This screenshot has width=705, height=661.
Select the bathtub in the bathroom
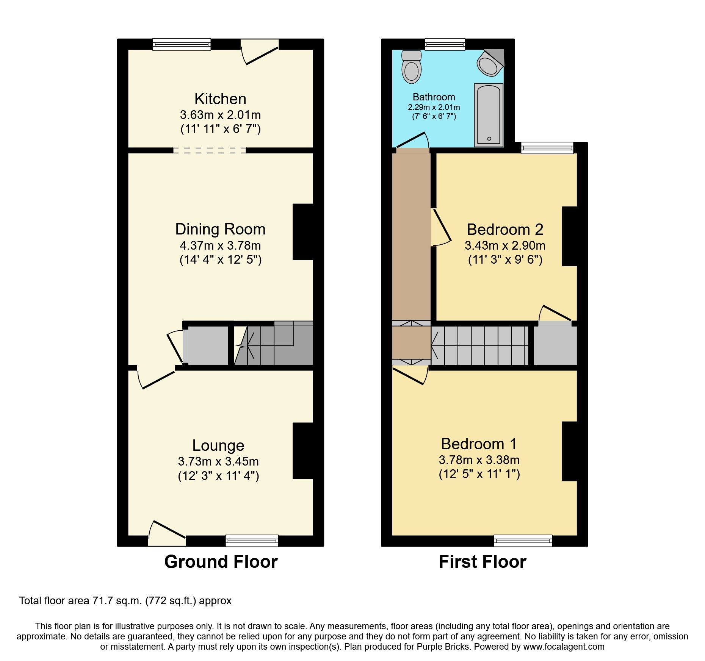click(489, 115)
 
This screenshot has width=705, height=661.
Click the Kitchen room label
click(220, 99)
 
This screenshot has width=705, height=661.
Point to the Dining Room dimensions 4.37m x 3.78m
click(220, 245)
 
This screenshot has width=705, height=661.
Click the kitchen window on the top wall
click(182, 45)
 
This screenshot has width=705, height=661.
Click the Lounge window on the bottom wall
click(252, 541)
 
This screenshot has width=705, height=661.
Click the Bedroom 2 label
click(505, 230)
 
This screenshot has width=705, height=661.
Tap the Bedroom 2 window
click(547, 148)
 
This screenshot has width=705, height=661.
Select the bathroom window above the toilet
click(445, 45)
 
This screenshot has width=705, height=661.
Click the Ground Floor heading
click(221, 562)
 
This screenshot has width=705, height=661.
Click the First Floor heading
click(483, 562)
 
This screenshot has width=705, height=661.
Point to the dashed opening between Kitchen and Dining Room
click(209, 150)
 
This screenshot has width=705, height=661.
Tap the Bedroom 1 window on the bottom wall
click(523, 541)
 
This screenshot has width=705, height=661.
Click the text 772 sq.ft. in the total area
click(171, 601)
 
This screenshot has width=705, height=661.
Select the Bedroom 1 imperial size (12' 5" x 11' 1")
click(479, 474)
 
